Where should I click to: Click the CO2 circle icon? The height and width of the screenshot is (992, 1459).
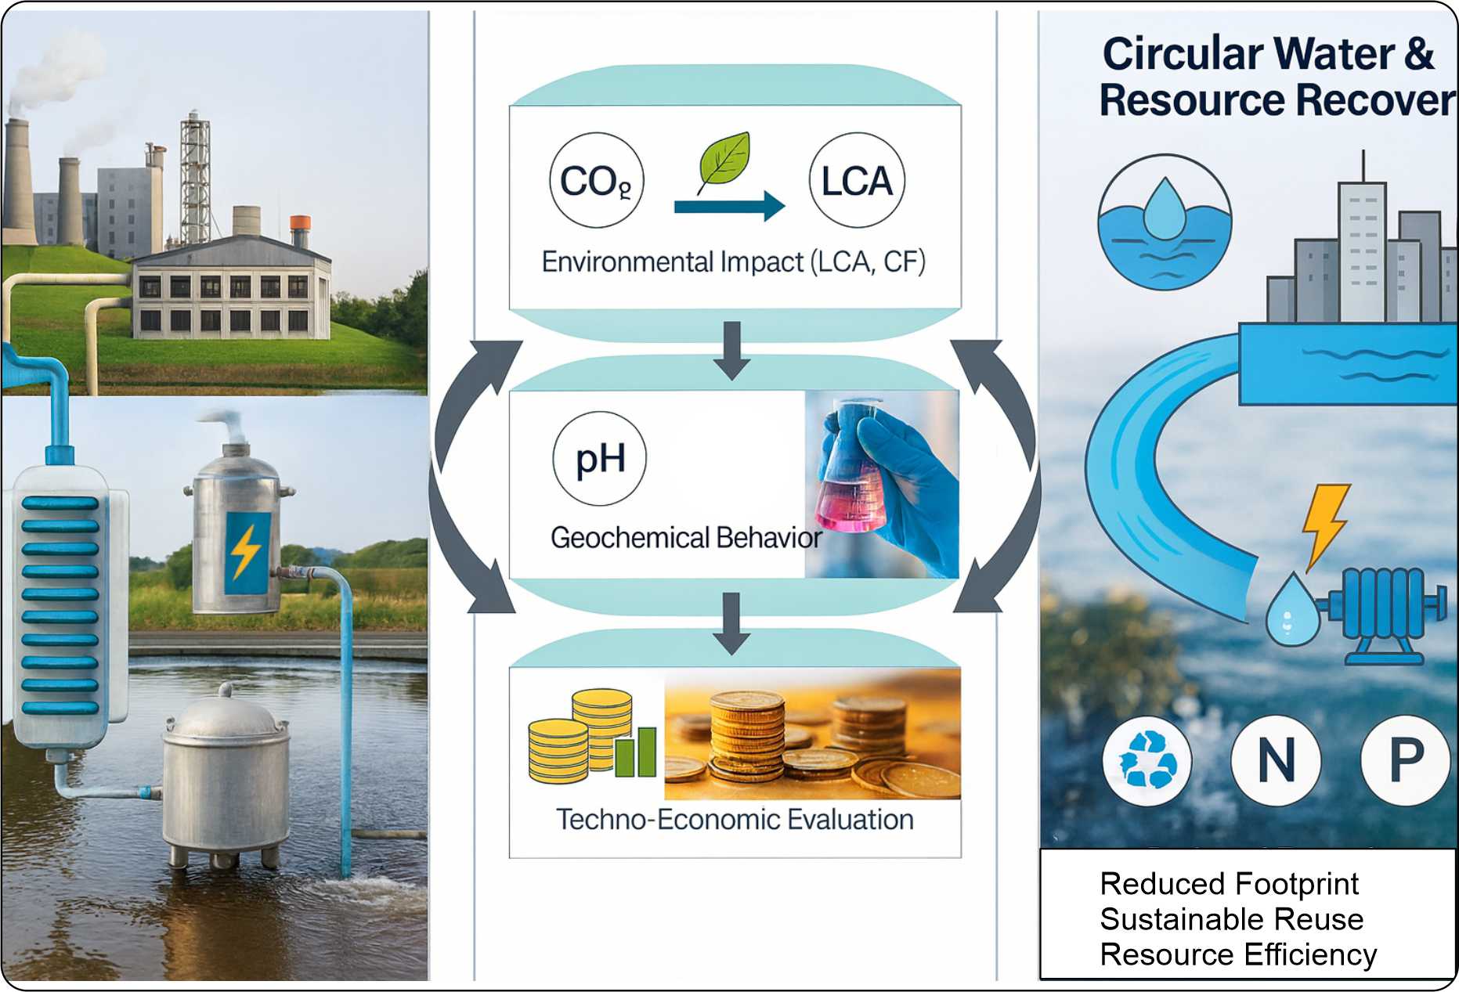(x=596, y=181)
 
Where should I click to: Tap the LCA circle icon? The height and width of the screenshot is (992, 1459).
(x=857, y=181)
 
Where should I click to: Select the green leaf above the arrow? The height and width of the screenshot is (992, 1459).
(x=724, y=160)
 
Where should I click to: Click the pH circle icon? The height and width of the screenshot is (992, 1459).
(x=600, y=459)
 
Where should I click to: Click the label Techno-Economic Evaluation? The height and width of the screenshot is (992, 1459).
(x=735, y=820)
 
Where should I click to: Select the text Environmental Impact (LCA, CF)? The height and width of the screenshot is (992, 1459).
(x=734, y=262)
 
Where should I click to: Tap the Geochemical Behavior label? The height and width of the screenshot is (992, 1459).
(x=686, y=538)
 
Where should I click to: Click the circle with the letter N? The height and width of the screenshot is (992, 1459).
(x=1276, y=760)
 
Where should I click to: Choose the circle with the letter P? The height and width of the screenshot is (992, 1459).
(x=1406, y=760)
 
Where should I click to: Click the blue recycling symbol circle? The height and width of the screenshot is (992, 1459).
(x=1147, y=760)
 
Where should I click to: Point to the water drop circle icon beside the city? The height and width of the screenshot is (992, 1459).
(x=1165, y=222)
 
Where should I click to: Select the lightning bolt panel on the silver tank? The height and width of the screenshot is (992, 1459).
(x=247, y=553)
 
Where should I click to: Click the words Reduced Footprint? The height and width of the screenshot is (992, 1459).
(x=1229, y=884)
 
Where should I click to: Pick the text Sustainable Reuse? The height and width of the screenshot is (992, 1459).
(x=1231, y=919)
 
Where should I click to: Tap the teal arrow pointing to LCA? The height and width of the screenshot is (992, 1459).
(x=729, y=206)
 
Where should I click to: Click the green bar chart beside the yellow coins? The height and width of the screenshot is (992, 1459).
(x=635, y=751)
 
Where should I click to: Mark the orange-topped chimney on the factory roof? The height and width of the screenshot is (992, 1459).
(x=300, y=231)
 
